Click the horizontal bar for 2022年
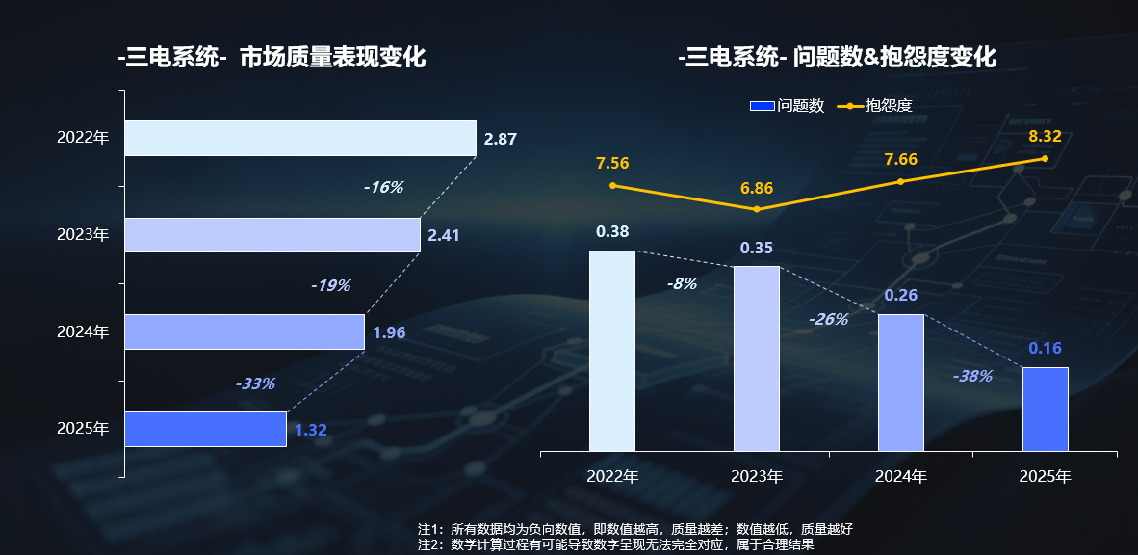point(299,138)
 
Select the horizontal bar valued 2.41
point(272,235)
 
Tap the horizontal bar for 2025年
point(205,429)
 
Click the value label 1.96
point(389,333)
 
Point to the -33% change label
point(255,383)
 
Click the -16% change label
point(383,187)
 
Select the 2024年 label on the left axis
point(83,332)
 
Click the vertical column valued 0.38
point(612,351)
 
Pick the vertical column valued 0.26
point(901,383)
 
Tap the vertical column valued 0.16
point(1046,409)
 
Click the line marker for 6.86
point(757,209)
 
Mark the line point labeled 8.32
point(1045,158)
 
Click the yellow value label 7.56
point(612,163)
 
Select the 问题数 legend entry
point(787,106)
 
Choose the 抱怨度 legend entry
point(875,106)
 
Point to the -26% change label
point(828,319)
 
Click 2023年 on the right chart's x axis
point(757,476)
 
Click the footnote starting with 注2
point(615,544)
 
